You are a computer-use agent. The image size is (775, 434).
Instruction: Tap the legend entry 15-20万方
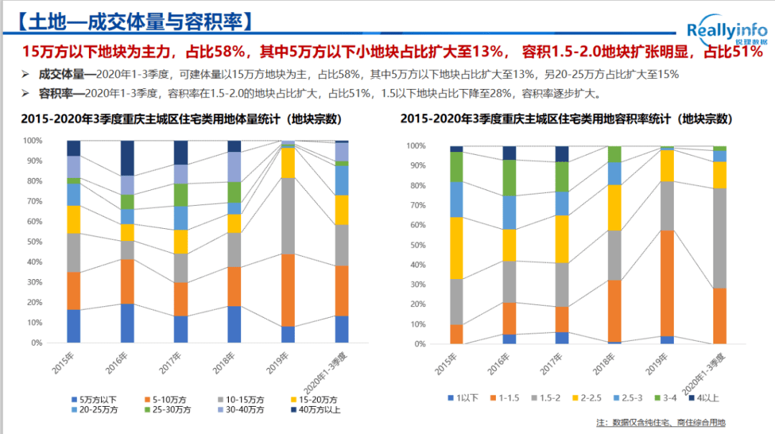(316, 400)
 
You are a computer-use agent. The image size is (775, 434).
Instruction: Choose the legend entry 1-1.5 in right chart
(505, 397)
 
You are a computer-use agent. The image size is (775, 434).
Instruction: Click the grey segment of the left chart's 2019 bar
(288, 215)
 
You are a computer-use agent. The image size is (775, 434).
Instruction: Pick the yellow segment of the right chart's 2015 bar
(456, 247)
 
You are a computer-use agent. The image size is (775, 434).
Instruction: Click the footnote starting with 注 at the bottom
(660, 422)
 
